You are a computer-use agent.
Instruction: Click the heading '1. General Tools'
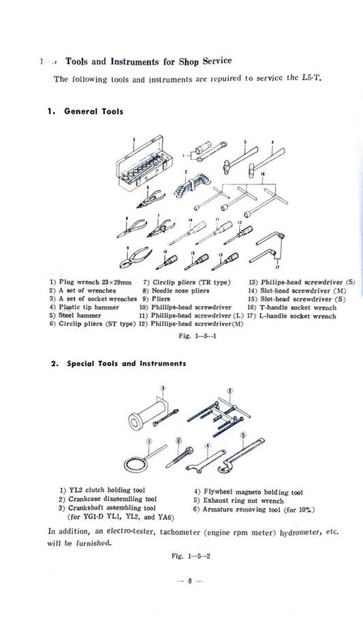coord(86,112)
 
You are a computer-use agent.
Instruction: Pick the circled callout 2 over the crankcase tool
coord(230,390)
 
